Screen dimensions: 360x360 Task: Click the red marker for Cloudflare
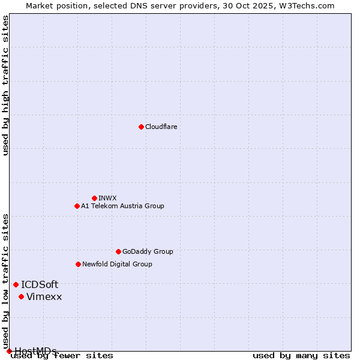141,127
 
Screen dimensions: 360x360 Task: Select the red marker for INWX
94,198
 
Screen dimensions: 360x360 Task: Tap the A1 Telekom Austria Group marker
77,206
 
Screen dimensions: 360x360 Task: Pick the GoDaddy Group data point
118,251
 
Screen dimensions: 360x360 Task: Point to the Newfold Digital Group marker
78,264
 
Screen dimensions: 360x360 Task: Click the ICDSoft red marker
16,284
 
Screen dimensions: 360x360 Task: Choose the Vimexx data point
21,296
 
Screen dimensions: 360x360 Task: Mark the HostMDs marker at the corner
9,351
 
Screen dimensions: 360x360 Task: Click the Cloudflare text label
161,127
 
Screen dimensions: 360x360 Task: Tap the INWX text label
108,198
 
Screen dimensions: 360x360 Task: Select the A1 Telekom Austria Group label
122,206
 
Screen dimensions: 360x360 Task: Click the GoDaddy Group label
148,251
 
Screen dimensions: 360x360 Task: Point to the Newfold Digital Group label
117,264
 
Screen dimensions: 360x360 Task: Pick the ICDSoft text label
40,284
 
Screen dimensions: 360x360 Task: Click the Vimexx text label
44,296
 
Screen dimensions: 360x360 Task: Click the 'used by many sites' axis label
301,356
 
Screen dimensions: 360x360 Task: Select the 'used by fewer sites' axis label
62,356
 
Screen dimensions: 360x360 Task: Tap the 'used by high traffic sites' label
6,85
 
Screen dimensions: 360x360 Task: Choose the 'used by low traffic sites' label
6,277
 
